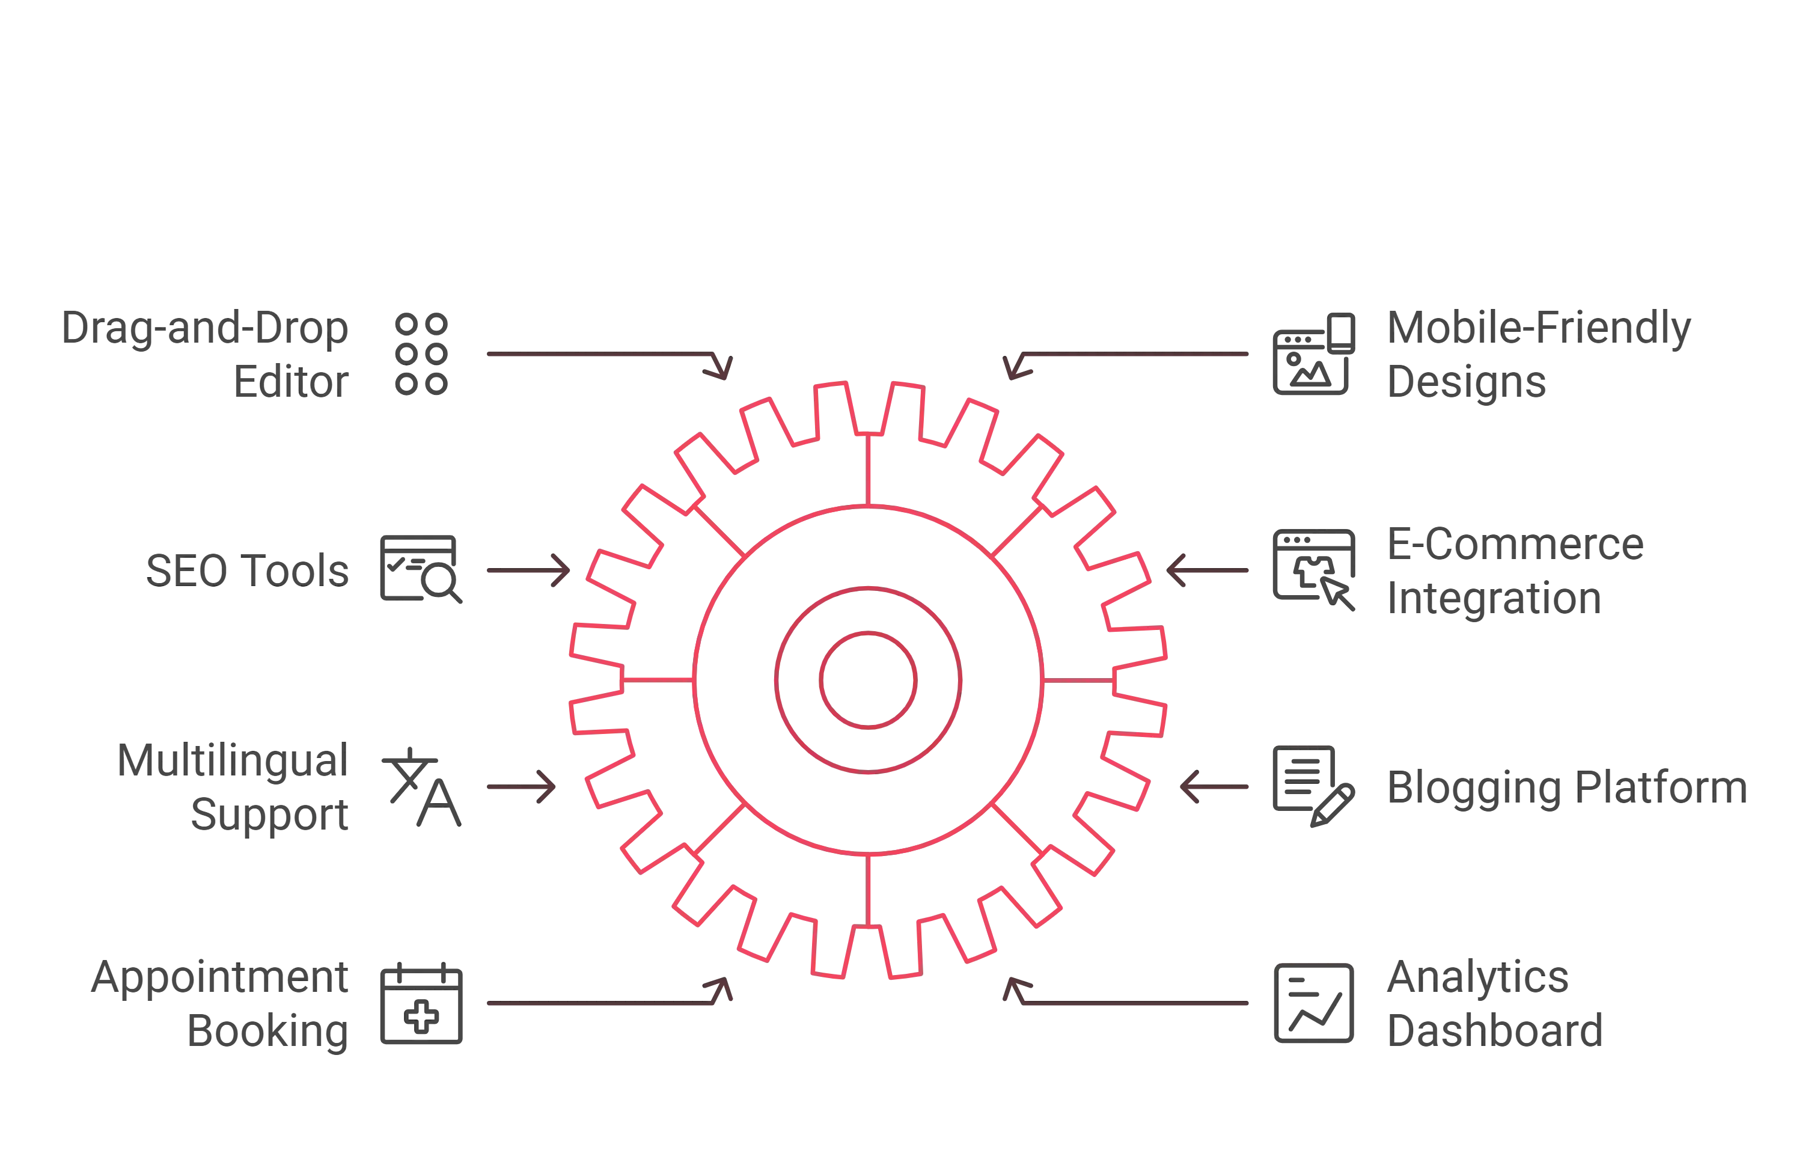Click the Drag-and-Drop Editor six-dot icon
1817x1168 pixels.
[x=421, y=353]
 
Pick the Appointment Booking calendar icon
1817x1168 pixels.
[x=421, y=1003]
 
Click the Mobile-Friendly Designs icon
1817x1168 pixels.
[x=1313, y=353]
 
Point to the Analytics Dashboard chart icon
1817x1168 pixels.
[x=1313, y=1003]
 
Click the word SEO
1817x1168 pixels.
[x=186, y=570]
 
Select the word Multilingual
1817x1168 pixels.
[x=233, y=760]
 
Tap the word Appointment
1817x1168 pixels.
[x=220, y=977]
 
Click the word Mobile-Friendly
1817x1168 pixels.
[x=1539, y=328]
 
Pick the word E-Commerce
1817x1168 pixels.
[x=1515, y=544]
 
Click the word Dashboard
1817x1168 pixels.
[x=1495, y=1031]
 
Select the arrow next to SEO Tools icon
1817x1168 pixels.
[x=528, y=570]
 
